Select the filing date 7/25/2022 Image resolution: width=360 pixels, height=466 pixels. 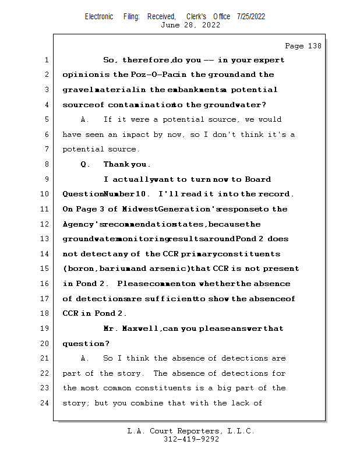point(251,16)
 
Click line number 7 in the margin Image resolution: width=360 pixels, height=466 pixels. point(46,150)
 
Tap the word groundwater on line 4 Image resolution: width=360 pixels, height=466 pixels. point(233,105)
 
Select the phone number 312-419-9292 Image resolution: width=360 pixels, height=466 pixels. point(191,439)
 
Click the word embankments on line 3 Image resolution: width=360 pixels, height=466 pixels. point(188,90)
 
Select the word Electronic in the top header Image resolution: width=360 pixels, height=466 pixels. point(99,16)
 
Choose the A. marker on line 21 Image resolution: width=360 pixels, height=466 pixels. point(85,358)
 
